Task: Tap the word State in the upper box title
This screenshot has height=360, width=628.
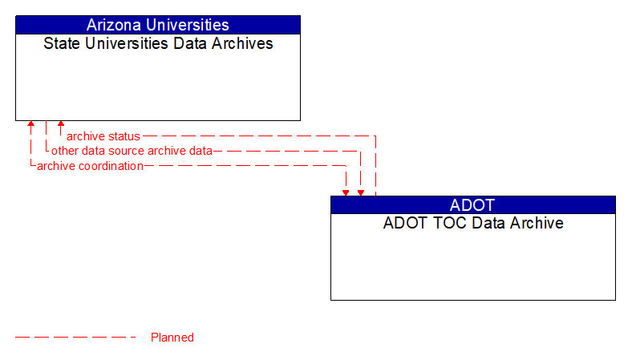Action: [60, 43]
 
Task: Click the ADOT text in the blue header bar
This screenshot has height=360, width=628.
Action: [472, 204]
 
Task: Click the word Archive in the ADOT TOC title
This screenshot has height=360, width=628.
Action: [536, 223]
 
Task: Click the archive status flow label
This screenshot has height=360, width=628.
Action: [103, 136]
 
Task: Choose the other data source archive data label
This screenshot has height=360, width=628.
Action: [132, 151]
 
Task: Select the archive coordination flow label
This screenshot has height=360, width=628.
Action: [90, 166]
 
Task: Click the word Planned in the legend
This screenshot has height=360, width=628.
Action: [172, 338]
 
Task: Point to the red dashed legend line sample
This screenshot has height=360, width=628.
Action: [76, 338]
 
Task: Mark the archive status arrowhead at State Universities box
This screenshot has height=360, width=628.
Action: [61, 125]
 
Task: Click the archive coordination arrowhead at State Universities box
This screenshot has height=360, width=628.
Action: [30, 125]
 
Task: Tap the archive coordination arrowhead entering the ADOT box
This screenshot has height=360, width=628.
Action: [346, 192]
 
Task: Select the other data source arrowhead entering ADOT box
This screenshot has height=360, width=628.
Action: [361, 192]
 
